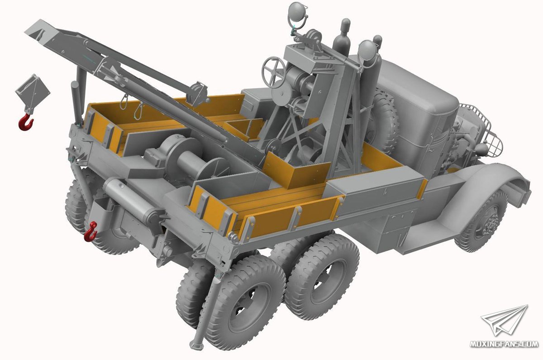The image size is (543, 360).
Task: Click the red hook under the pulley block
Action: click(26, 122)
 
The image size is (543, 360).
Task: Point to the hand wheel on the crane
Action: click(274, 70)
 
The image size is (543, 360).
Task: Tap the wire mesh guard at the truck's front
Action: click(481, 129)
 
